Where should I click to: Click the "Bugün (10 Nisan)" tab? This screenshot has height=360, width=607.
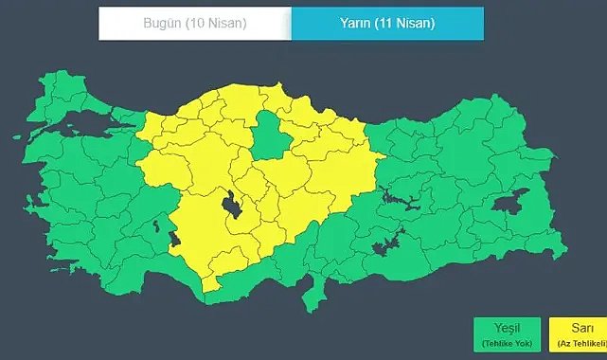pyautogui.click(x=194, y=24)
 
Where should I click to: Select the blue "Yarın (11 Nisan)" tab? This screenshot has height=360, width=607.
pyautogui.click(x=386, y=24)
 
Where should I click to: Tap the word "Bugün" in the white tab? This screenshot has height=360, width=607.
pyautogui.click(x=163, y=24)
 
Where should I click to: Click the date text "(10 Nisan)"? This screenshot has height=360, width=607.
pyautogui.click(x=216, y=24)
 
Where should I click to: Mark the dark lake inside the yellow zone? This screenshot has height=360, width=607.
pyautogui.click(x=229, y=203)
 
